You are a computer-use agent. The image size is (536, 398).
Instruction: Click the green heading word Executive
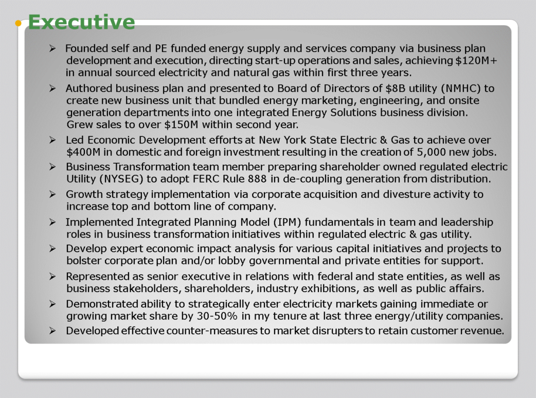(x=82, y=22)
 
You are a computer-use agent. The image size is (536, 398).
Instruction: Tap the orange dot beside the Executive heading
(x=18, y=23)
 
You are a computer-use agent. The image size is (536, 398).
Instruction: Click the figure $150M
(x=181, y=125)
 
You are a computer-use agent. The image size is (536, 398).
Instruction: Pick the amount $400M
(x=83, y=152)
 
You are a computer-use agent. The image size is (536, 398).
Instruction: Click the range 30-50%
(x=217, y=316)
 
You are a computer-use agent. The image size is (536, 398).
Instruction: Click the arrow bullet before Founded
(x=52, y=49)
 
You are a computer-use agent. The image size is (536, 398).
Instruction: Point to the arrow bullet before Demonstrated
(x=52, y=304)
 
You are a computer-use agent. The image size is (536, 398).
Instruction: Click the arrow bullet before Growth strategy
(x=52, y=194)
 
